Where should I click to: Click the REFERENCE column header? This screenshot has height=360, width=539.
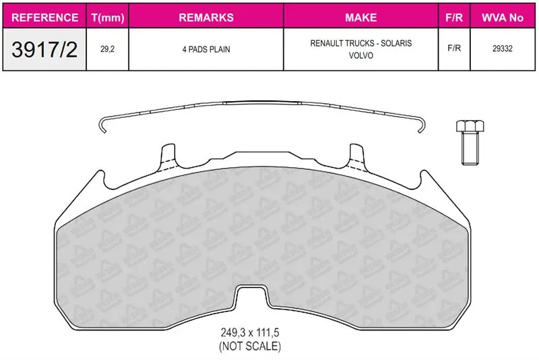44,18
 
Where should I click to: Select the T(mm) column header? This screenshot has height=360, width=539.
108,18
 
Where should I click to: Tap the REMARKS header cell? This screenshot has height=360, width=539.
206,18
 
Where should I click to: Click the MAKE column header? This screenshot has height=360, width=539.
361,18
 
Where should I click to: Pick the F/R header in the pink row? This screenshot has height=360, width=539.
454,18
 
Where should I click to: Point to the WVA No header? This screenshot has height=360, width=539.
503,18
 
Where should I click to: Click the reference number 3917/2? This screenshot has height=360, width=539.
44,49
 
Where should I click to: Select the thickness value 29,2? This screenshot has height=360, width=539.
108,49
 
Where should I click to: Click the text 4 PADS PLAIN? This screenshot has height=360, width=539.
206,49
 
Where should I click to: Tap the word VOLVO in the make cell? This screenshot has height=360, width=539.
361,55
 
